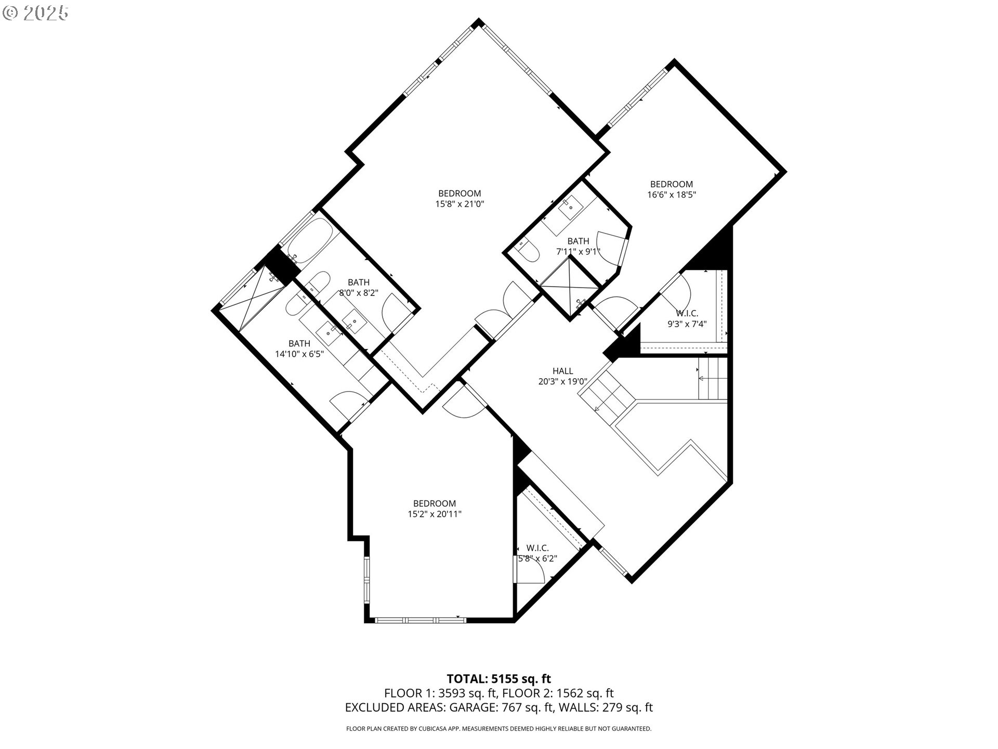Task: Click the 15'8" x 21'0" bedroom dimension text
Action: click(459, 204)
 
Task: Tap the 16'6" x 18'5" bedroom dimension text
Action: click(672, 195)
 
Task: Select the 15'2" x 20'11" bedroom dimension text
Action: click(435, 514)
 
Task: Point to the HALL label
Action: click(563, 371)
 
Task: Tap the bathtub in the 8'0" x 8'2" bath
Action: click(307, 241)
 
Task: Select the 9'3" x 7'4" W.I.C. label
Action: click(687, 314)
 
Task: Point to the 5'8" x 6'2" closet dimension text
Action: click(538, 559)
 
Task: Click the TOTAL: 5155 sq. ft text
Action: click(499, 678)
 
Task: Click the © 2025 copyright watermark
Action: click(35, 13)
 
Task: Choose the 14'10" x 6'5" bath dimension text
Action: click(299, 354)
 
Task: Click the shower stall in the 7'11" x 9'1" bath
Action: click(570, 286)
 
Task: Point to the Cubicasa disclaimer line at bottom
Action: click(499, 729)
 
